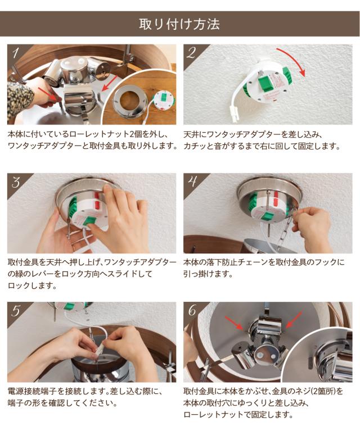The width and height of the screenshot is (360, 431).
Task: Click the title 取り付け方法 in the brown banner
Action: coord(179,24)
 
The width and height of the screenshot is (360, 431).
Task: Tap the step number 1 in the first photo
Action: coord(16,52)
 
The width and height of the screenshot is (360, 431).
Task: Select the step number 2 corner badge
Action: coord(191,52)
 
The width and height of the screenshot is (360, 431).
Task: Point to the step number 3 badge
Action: coord(16,182)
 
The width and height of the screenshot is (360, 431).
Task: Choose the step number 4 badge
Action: coord(192,182)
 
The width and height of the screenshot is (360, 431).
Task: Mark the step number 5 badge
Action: coord(16,311)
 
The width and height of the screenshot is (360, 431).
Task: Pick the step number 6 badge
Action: coord(192,311)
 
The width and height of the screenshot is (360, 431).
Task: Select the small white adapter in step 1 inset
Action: coord(163,101)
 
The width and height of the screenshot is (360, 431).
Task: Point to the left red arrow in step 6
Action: coord(233,322)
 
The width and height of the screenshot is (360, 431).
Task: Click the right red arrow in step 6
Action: coord(294,319)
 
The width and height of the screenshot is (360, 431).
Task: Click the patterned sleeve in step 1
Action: coord(19,99)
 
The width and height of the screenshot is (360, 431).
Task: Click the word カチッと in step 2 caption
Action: coord(195,146)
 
